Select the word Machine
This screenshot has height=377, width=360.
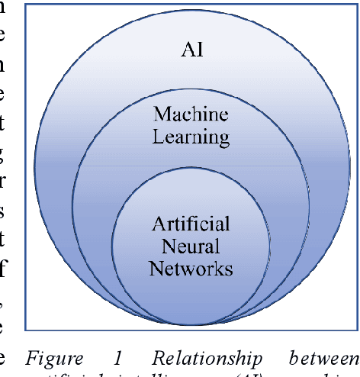191,115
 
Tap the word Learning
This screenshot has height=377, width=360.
191,137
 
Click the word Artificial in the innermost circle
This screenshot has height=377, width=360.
191,225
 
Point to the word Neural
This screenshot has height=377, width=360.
191,246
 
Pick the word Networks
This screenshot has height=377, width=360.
191,268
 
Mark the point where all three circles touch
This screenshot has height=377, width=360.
191,324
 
